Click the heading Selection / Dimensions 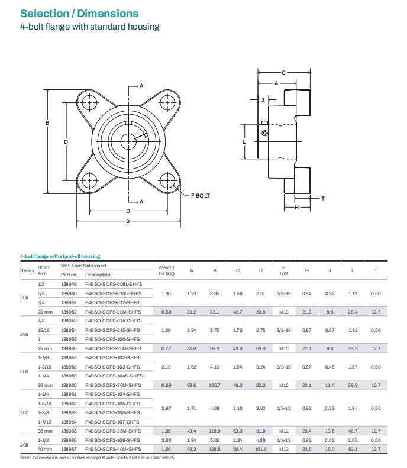79,13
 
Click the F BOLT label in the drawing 200,195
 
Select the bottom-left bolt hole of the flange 90,180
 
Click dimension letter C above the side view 283,72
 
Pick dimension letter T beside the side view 322,198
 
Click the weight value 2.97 166,408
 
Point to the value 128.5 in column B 214,449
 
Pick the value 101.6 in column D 260,449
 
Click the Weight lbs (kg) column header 166,270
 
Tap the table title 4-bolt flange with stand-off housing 60,256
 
